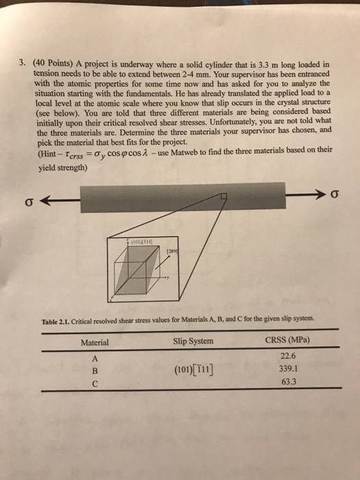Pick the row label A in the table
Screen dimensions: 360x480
[x=95, y=357]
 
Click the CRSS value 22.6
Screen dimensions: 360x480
[x=288, y=355]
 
